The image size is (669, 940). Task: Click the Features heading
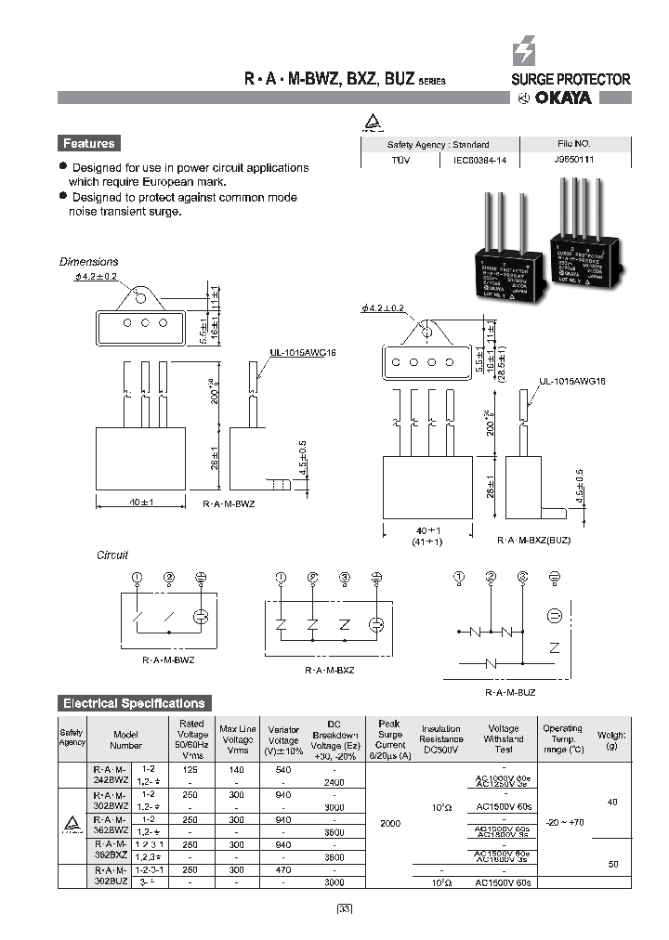(x=89, y=143)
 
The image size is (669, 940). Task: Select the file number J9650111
(x=567, y=160)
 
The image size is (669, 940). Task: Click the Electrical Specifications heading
(x=132, y=703)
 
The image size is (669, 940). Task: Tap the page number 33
(x=344, y=908)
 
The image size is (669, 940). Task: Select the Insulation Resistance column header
(x=441, y=739)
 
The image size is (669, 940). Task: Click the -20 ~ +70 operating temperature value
(x=562, y=821)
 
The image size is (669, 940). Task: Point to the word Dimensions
(x=89, y=262)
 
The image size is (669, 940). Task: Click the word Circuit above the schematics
(x=112, y=555)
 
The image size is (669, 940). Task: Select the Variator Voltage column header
(x=283, y=739)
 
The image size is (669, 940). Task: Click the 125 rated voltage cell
(x=191, y=770)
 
